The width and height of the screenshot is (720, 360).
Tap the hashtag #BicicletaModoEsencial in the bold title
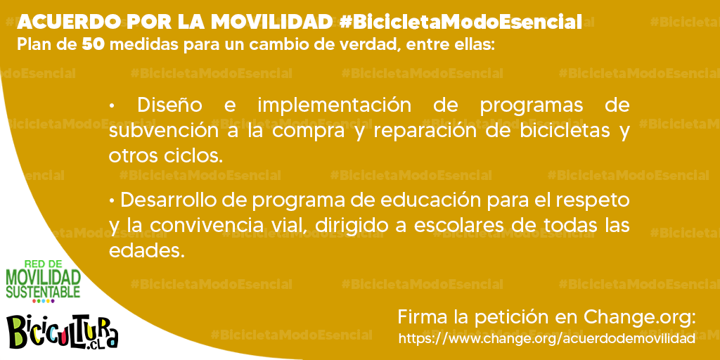click(461, 22)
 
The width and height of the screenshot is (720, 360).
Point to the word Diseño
click(170, 105)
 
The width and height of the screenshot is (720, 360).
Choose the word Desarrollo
click(172, 200)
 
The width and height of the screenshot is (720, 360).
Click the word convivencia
click(200, 226)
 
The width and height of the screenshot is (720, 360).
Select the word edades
click(146, 251)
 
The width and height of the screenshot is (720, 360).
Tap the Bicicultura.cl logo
click(63, 332)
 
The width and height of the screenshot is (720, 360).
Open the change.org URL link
click(546, 339)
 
